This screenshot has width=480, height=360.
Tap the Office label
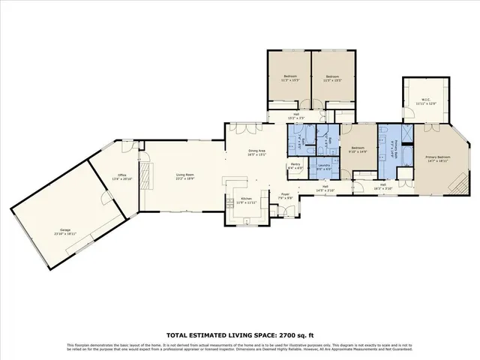[x=121, y=177]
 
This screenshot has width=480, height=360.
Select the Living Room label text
[x=184, y=178]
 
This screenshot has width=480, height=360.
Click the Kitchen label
[x=246, y=201]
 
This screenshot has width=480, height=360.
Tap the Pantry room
[x=295, y=166]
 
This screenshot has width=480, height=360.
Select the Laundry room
[x=324, y=166]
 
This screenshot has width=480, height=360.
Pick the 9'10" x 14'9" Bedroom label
[x=358, y=149]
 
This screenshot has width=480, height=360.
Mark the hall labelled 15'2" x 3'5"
[x=296, y=116]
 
